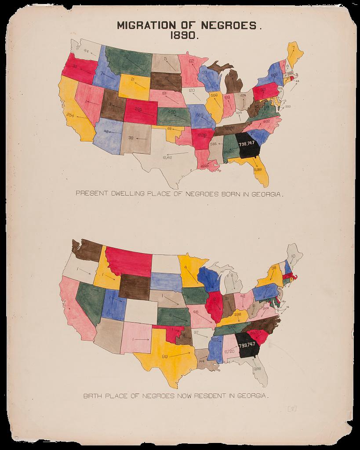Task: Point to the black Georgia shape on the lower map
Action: [247, 345]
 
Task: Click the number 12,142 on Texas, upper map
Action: [167, 157]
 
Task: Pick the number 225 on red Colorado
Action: [138, 109]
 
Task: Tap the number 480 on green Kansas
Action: [171, 112]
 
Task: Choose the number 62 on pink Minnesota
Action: [191, 62]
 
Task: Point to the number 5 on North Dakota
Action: [166, 58]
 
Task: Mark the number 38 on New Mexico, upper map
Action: [131, 138]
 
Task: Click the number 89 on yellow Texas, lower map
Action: [165, 356]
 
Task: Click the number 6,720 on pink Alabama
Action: [229, 352]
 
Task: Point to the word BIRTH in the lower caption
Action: [93, 396]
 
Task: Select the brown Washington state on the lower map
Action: [86, 250]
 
